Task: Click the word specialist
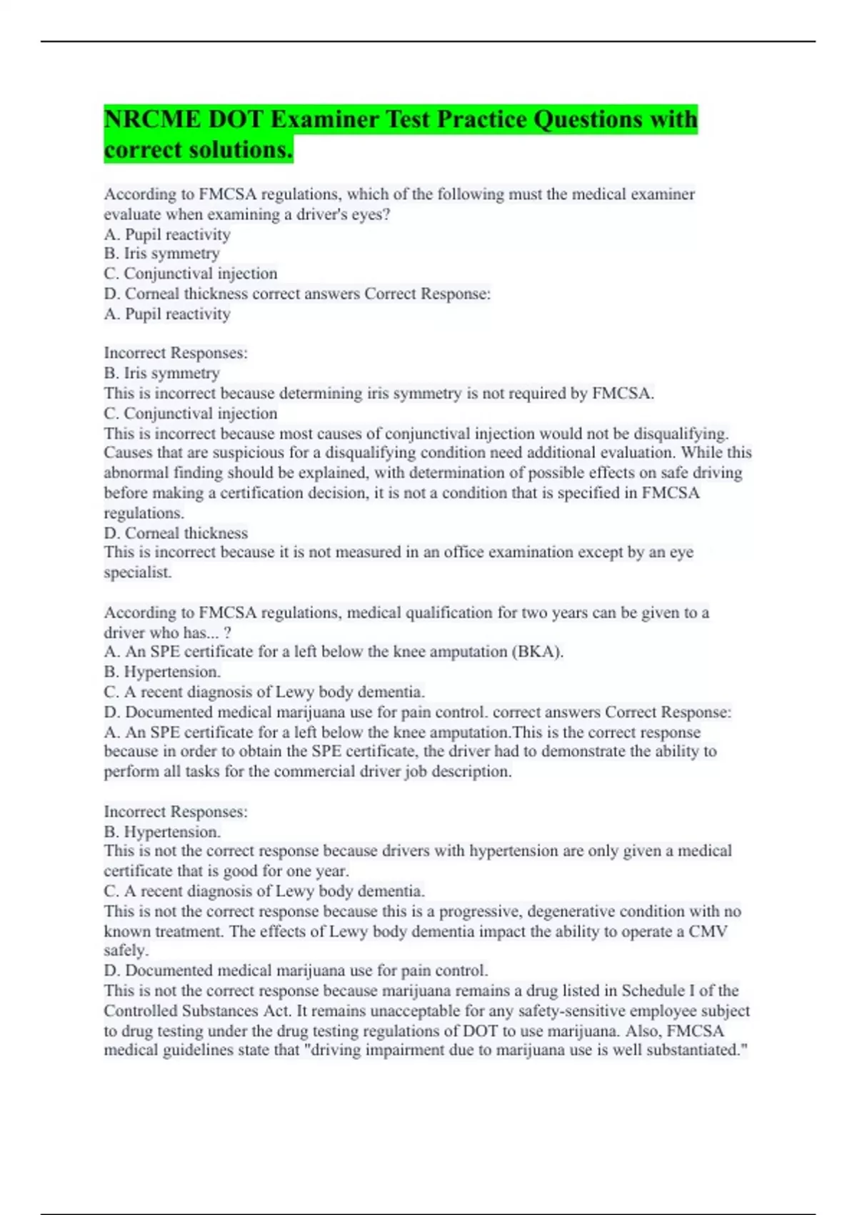(x=138, y=572)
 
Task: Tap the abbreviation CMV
(x=708, y=931)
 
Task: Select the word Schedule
(x=654, y=991)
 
